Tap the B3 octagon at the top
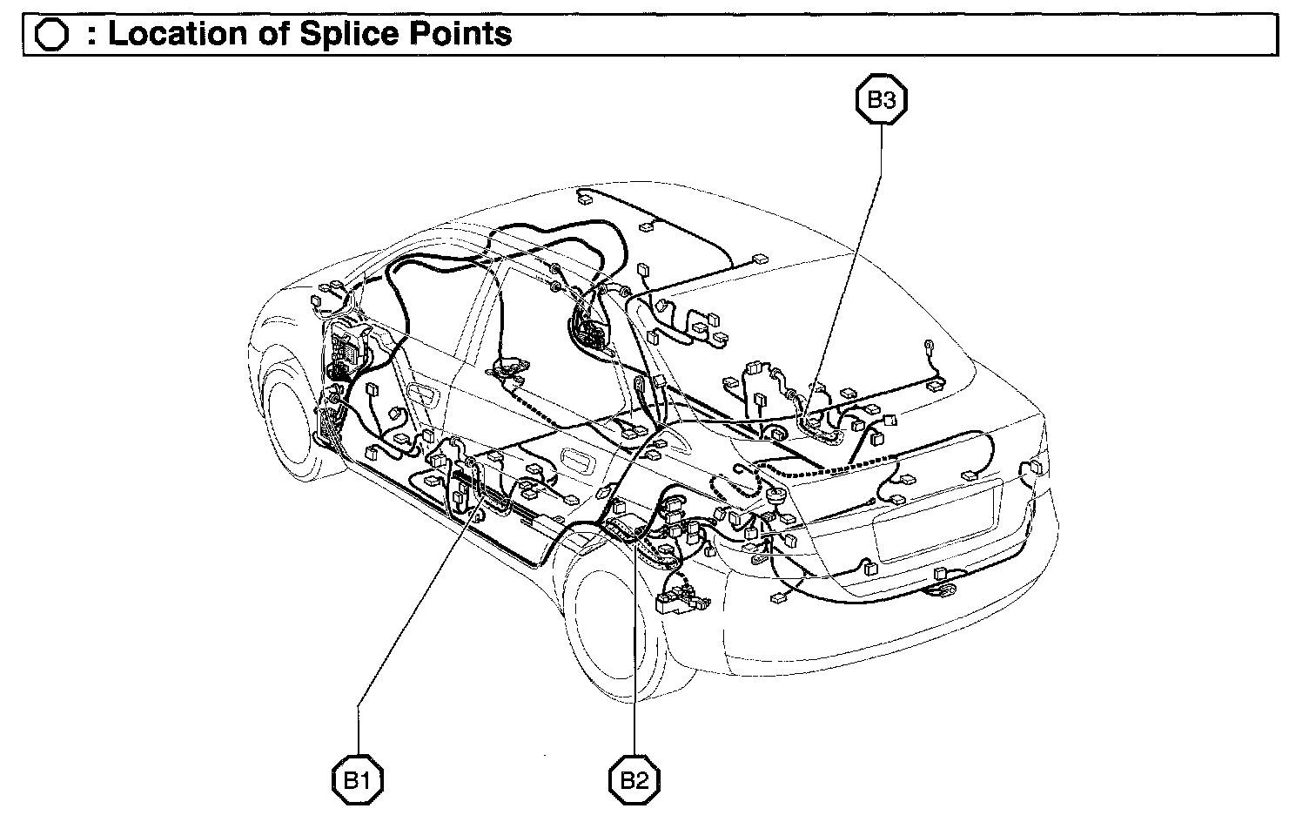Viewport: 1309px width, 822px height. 881,100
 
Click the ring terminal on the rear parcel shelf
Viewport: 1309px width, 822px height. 929,344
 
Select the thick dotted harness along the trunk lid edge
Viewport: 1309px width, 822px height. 836,470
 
